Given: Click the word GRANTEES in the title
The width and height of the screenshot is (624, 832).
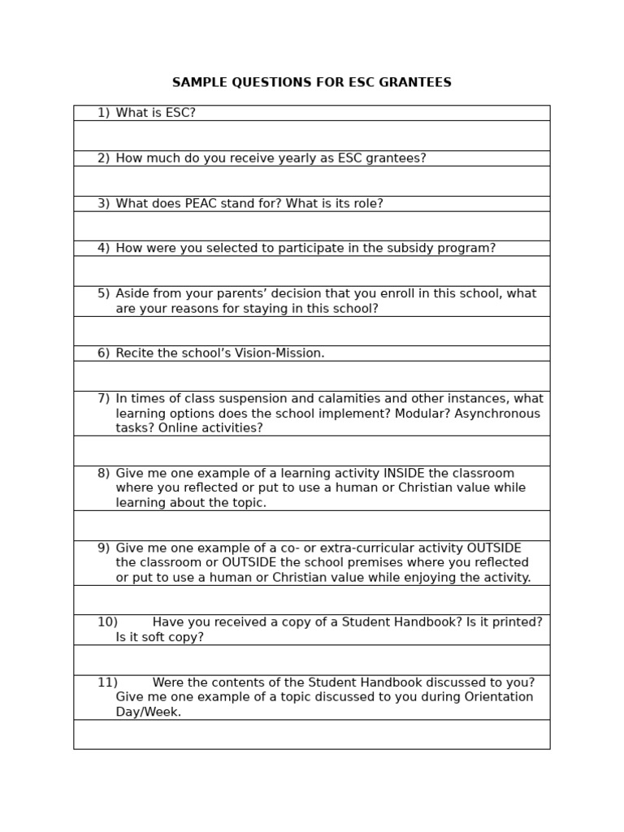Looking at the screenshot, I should pyautogui.click(x=417, y=83).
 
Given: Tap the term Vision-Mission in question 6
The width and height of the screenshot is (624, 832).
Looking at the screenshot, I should pyautogui.click(x=275, y=353).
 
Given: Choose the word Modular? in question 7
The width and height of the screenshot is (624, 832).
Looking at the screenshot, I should pyautogui.click(x=427, y=414).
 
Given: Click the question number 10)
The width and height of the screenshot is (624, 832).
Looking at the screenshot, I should pyautogui.click(x=107, y=622).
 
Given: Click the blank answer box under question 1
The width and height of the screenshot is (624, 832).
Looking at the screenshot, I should pyautogui.click(x=311, y=136).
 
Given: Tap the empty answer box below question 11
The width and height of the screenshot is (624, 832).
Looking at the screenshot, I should pyautogui.click(x=311, y=734).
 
